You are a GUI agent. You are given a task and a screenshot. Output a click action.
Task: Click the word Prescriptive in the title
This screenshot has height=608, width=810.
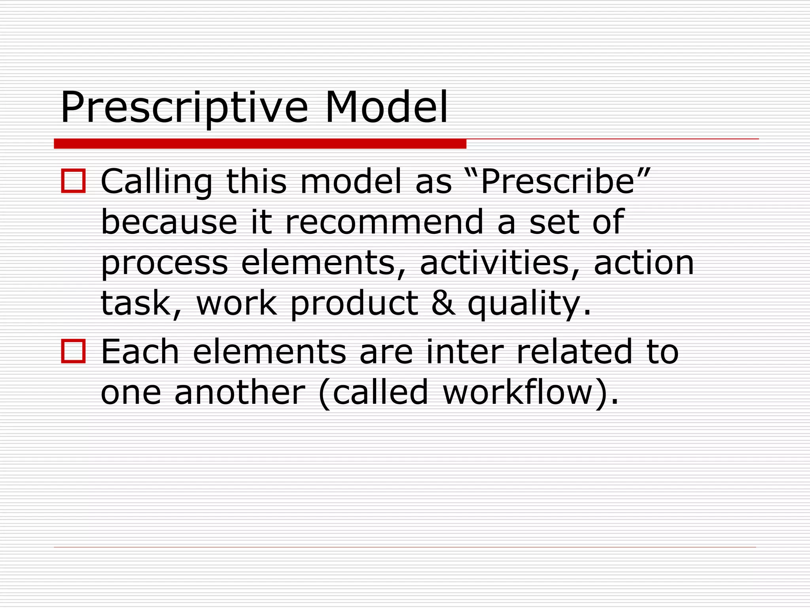[184, 108]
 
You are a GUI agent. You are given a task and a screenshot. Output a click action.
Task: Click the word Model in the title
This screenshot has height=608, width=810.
[386, 108]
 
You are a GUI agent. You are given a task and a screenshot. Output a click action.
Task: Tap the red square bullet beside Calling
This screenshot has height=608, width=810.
[73, 181]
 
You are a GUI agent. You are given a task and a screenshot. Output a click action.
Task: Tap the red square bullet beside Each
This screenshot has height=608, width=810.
[73, 351]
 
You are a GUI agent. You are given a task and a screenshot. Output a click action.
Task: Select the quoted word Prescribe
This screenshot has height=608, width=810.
[558, 182]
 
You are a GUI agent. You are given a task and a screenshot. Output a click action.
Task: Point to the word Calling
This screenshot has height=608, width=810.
[157, 182]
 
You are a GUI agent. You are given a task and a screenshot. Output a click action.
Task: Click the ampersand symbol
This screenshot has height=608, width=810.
[443, 303]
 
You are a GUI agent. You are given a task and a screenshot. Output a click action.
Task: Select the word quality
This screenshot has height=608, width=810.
[524, 304]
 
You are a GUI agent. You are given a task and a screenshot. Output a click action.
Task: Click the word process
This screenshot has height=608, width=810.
[165, 264]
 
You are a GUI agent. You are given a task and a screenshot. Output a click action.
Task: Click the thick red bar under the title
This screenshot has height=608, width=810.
[260, 144]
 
